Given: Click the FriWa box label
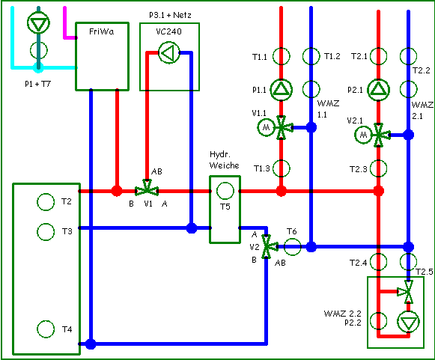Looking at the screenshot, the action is (x=102, y=31).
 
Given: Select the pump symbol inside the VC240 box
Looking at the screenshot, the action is (x=169, y=52).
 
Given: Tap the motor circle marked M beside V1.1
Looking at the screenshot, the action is (x=266, y=127).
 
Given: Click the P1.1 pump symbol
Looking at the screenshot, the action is (x=281, y=90).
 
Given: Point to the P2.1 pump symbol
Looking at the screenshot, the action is (x=379, y=90).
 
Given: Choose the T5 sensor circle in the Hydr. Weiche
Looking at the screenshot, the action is (x=225, y=191).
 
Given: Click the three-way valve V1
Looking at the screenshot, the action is (x=147, y=188).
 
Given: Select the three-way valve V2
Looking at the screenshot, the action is (x=270, y=246).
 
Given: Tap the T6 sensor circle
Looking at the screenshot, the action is (x=292, y=246).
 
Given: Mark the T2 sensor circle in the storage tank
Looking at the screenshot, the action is (x=46, y=202).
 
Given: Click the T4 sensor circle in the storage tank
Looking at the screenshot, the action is (x=46, y=329).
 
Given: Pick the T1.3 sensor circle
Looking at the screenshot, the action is (x=282, y=168).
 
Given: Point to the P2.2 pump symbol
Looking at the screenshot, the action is (x=408, y=322).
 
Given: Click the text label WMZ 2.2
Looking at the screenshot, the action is (x=343, y=314).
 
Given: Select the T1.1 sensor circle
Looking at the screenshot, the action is (x=282, y=56).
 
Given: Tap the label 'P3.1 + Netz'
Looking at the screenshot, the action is (x=170, y=15).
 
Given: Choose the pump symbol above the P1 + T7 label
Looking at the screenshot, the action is (x=38, y=22).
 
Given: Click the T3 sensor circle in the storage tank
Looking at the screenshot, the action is (x=46, y=231).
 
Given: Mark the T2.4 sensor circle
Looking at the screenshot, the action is (x=378, y=261).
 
